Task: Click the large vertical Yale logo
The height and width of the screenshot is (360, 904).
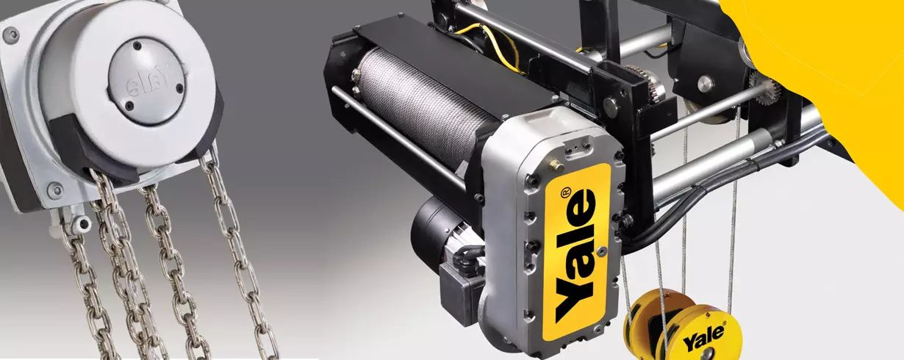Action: pos(576,254)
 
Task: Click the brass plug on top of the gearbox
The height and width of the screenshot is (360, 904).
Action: pos(557,165)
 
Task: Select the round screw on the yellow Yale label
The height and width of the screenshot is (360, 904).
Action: pos(602,251)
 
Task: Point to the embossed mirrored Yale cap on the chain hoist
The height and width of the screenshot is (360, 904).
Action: pos(147,81)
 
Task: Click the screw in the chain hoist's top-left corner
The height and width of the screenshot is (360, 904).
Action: pos(10,35)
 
